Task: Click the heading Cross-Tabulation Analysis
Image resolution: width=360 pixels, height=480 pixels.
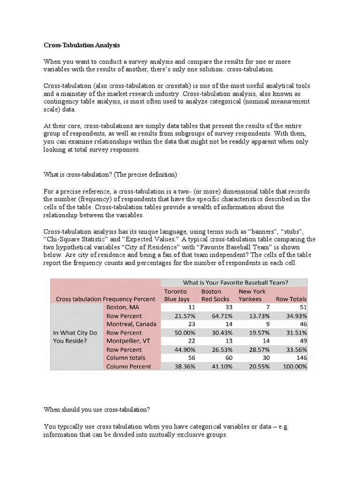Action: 82,45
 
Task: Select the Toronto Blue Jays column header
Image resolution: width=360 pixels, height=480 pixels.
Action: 177,295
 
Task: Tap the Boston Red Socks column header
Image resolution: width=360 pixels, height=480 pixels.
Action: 215,295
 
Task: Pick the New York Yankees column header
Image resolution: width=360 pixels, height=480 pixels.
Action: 252,295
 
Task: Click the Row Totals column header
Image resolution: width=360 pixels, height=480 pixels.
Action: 291,299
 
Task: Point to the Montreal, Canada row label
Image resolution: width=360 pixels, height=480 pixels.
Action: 131,324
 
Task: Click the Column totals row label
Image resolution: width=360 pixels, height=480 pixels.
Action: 127,358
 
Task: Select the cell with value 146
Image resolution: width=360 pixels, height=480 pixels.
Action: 300,358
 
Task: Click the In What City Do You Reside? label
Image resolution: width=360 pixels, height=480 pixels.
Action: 75,337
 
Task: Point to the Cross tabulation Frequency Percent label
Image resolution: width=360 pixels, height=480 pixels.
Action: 105,299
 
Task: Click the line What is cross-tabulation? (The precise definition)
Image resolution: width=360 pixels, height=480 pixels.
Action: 110,175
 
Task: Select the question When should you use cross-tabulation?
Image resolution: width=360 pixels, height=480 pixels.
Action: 97,409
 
